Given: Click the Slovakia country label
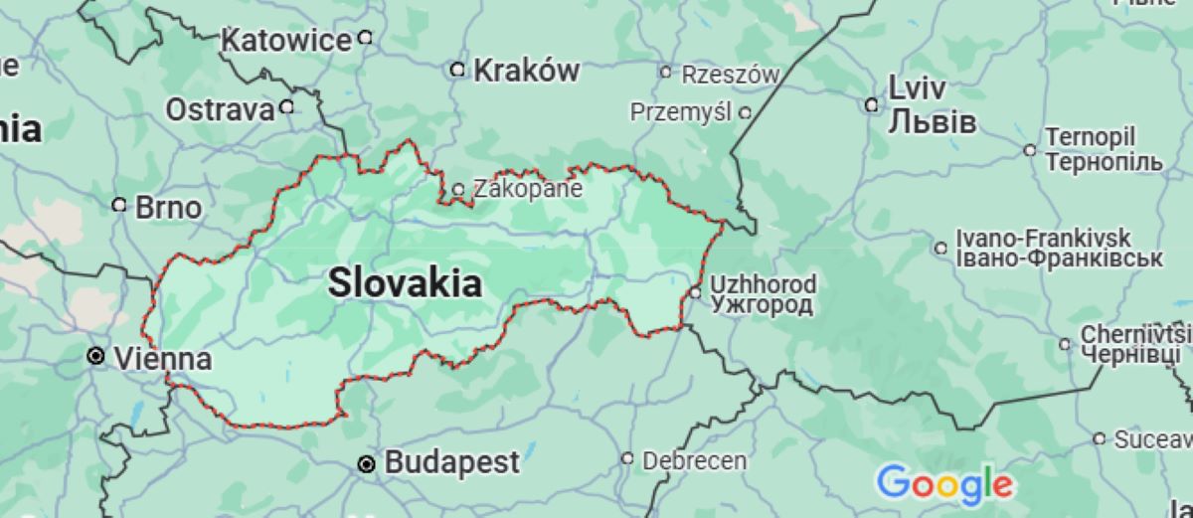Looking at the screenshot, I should click(x=406, y=283).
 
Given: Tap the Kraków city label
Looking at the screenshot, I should click(x=526, y=70).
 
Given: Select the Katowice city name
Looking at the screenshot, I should click(x=286, y=41).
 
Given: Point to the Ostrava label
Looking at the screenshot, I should click(x=219, y=109).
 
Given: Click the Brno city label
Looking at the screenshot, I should click(x=168, y=208).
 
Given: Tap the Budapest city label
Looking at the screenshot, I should click(x=451, y=462).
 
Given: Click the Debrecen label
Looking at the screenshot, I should click(x=694, y=460).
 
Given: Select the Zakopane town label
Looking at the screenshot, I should click(x=527, y=189).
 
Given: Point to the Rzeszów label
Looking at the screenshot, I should click(x=731, y=75).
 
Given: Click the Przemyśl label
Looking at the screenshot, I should click(x=681, y=112).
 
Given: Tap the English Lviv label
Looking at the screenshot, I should click(x=917, y=88).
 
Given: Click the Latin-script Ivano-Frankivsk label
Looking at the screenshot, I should click(x=1043, y=238).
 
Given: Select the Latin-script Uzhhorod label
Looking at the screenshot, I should click(x=764, y=284).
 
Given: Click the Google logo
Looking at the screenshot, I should click(x=944, y=484).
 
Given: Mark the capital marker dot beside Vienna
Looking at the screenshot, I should click(x=96, y=356).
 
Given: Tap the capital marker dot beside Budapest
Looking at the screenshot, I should click(x=367, y=463).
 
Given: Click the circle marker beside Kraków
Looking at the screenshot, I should click(x=457, y=70).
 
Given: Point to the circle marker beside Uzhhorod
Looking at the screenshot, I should click(x=696, y=292).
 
